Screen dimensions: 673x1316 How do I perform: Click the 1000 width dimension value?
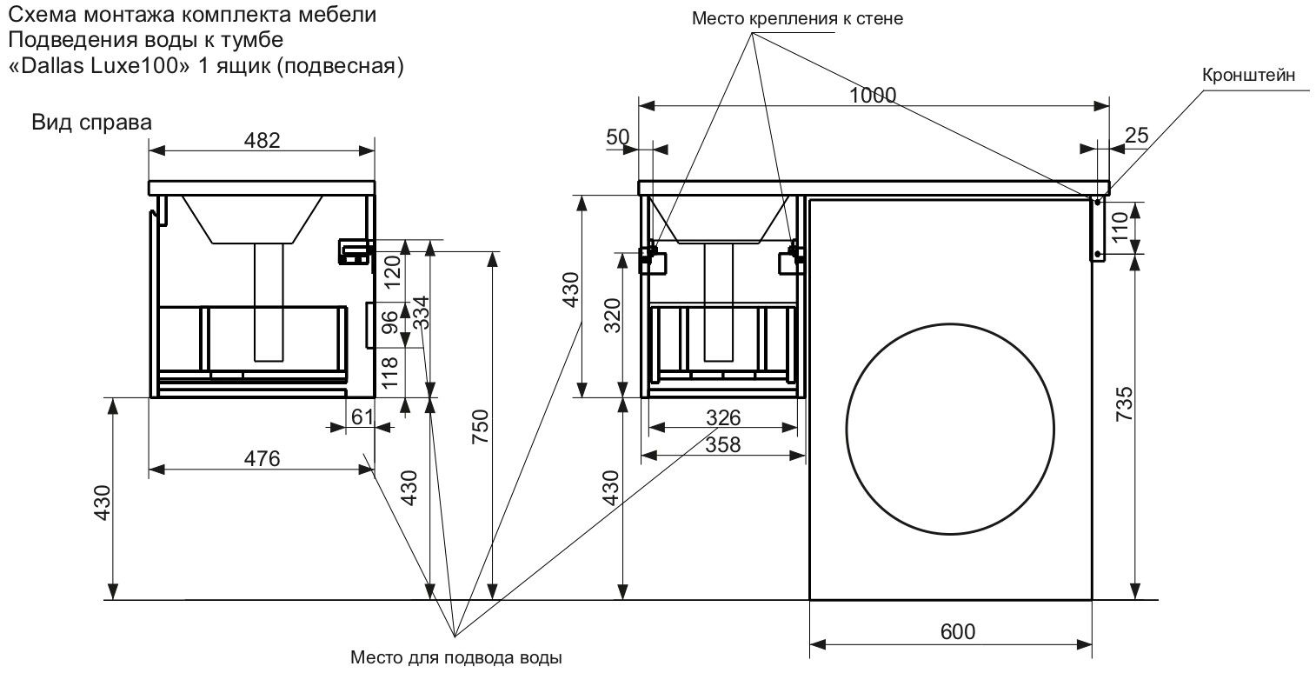pyautogui.click(x=873, y=96)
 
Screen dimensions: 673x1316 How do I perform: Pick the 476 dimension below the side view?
pyautogui.click(x=261, y=459)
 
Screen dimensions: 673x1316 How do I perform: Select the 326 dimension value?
pyautogui.click(x=722, y=418)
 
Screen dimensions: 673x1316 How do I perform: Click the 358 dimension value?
pyautogui.click(x=722, y=444)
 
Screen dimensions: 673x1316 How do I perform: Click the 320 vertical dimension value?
pyautogui.click(x=612, y=316)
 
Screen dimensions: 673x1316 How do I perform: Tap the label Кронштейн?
pyautogui.click(x=1249, y=76)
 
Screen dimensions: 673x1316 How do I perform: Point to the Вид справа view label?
pyautogui.click(x=91, y=123)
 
